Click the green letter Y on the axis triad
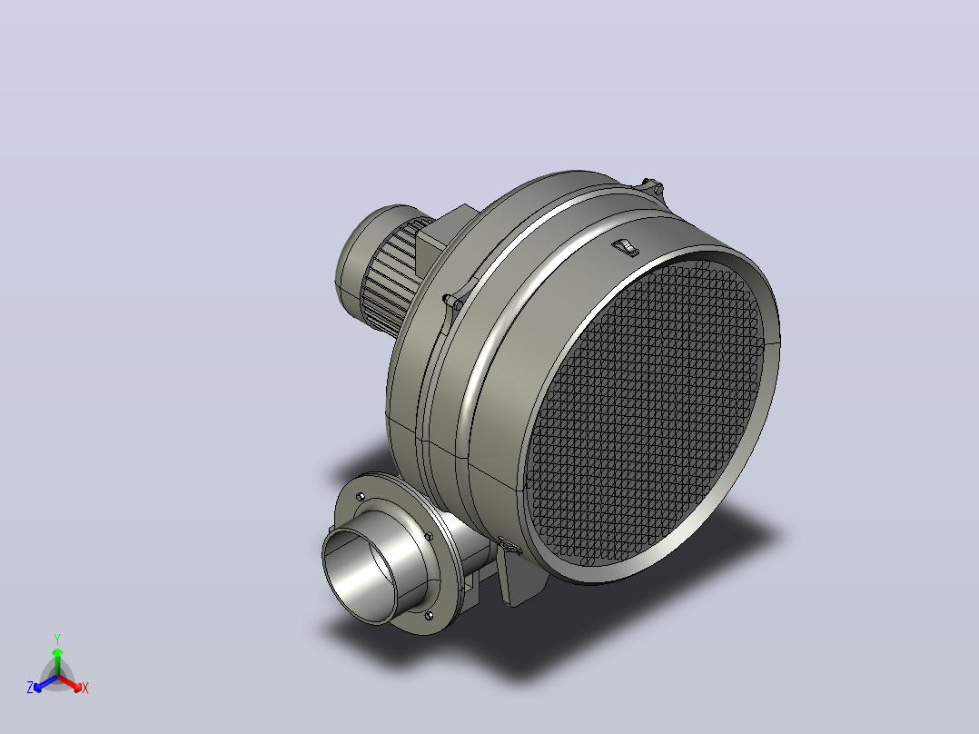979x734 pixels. (57, 639)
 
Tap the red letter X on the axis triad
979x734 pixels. (85, 688)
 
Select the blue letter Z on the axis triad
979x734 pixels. (30, 687)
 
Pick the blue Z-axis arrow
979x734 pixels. (45, 683)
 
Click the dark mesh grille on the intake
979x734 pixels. (643, 412)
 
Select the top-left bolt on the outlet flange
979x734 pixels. (360, 497)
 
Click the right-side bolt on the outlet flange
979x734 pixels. (429, 536)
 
